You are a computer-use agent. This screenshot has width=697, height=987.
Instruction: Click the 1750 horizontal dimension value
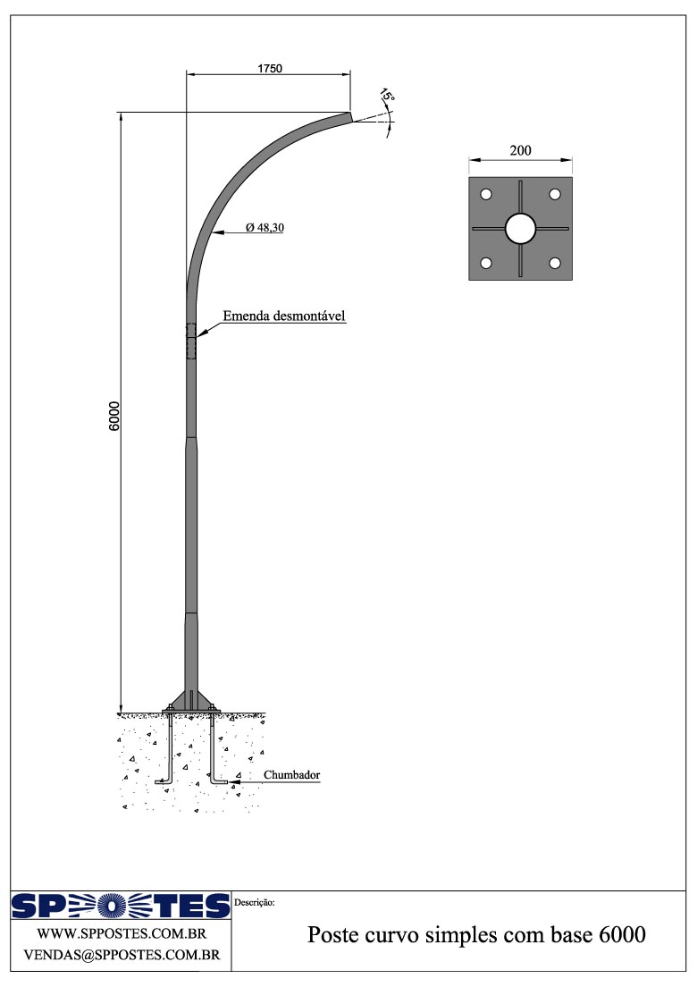[x=268, y=69]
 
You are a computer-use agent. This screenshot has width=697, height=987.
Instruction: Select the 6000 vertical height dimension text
[x=114, y=416]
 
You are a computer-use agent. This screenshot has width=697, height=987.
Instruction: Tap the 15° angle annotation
[x=386, y=97]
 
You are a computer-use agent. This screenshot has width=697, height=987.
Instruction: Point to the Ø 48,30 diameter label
[x=265, y=229]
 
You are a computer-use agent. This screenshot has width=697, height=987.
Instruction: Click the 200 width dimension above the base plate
[x=520, y=151]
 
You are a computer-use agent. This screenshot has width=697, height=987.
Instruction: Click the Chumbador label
[x=292, y=775]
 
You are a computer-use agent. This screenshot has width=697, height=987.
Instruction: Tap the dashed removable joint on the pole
[x=191, y=342]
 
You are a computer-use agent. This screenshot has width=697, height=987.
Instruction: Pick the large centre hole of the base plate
[x=520, y=229]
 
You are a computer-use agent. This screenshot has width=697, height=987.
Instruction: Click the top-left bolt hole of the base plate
[x=486, y=195]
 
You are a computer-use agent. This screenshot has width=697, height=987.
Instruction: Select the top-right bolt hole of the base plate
[x=555, y=195]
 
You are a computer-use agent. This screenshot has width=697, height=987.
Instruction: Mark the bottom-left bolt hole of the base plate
[x=486, y=263]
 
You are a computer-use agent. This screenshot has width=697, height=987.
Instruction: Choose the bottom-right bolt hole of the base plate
[x=555, y=263]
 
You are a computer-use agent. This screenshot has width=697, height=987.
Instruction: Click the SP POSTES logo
[x=121, y=907]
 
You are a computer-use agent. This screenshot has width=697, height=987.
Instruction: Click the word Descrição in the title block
[x=255, y=903]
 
